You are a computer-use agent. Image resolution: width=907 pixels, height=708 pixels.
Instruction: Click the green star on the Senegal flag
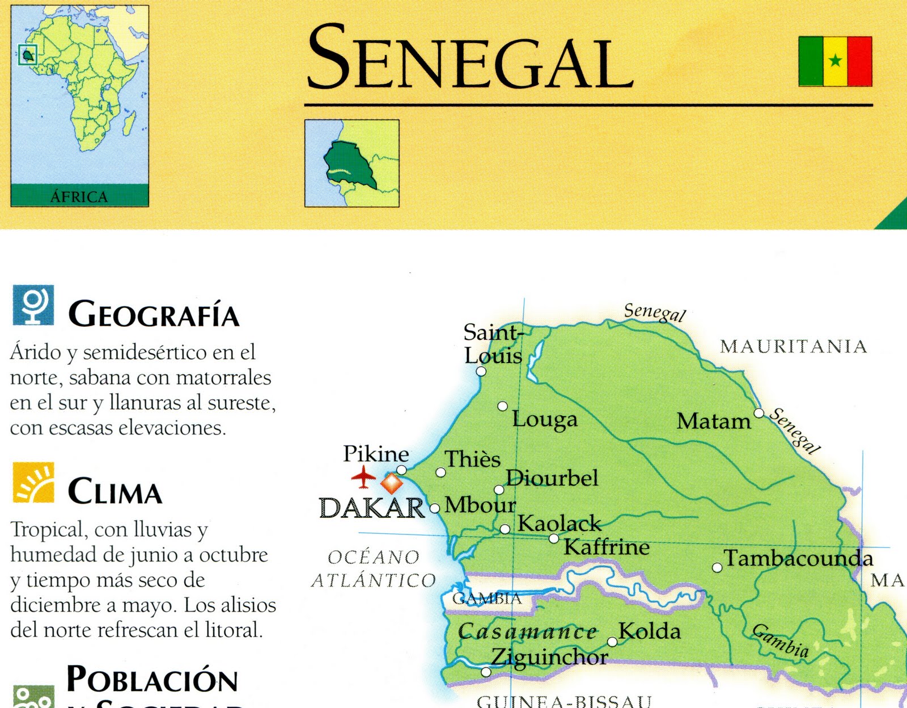835,60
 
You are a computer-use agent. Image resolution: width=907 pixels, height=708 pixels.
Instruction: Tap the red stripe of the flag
859,61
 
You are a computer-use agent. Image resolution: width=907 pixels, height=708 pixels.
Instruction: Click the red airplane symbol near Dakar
363,477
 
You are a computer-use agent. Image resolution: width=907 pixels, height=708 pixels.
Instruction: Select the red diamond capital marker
392,483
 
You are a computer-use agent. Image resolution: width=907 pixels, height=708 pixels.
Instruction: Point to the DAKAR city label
371,508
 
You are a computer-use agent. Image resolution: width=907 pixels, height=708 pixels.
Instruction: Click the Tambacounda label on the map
798,558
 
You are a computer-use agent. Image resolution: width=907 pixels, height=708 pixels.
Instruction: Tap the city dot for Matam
759,413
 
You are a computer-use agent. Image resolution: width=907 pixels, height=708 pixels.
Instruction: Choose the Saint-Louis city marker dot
481,372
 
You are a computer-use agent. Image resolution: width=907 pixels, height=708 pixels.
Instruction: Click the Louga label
545,419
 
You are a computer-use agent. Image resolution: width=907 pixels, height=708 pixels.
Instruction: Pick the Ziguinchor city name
549,657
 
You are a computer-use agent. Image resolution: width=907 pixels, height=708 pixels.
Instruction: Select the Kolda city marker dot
612,642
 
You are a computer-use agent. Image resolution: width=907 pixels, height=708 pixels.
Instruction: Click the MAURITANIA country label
794,347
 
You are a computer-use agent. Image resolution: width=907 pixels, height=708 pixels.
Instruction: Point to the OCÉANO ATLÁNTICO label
374,569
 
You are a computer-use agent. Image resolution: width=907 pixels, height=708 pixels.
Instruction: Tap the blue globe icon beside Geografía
33,305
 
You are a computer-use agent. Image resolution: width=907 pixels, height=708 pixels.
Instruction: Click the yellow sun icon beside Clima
33,483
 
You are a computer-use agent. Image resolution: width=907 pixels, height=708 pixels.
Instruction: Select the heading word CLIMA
115,491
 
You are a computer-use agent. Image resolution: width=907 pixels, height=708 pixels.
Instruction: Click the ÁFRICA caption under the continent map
79,197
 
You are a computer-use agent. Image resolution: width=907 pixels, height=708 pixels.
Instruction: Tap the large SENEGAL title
470,57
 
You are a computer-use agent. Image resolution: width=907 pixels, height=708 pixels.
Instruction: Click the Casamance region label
527,631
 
